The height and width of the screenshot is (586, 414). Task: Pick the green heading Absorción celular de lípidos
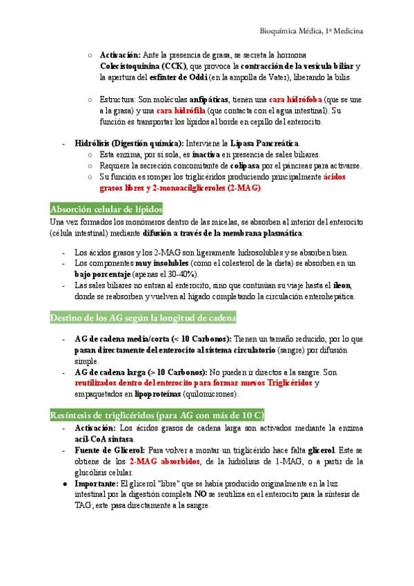pos(106,209)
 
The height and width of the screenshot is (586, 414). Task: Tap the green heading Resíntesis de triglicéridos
pos(157,415)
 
